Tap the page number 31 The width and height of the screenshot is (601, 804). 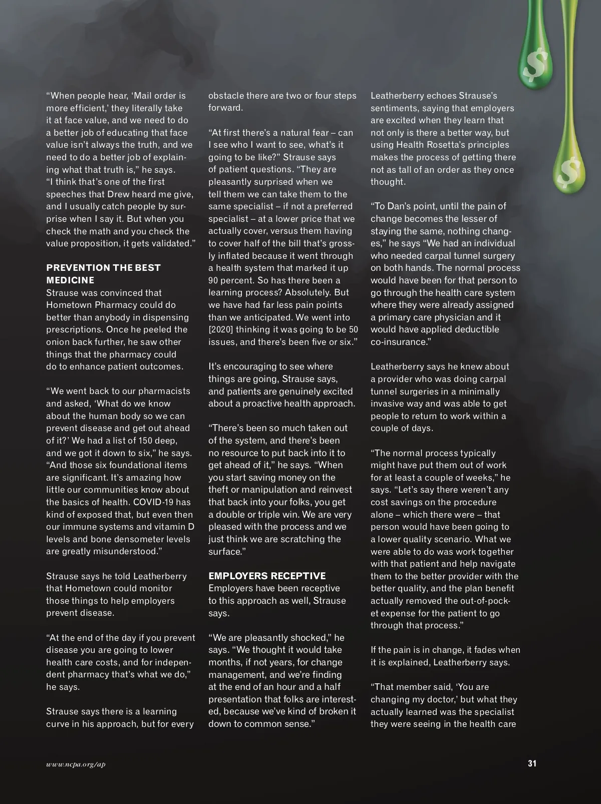[x=532, y=763]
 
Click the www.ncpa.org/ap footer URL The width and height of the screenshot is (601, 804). [x=76, y=764]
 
